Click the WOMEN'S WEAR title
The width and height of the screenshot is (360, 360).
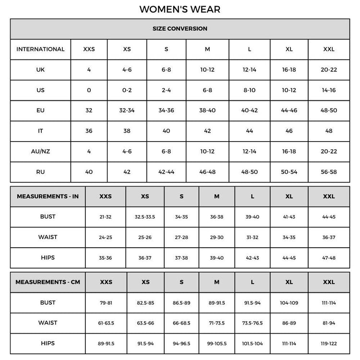point(180,9)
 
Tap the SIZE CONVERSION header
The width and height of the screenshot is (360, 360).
point(180,29)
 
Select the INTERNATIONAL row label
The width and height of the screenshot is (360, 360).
point(40,49)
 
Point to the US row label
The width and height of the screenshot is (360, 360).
point(40,90)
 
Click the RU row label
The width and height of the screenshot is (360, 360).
point(40,172)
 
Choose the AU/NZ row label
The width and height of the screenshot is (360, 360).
point(40,151)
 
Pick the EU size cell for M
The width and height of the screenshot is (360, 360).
point(207,110)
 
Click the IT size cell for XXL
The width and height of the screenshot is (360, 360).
point(329,131)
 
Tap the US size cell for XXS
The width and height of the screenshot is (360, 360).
point(89,90)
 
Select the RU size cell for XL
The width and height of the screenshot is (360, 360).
point(289,172)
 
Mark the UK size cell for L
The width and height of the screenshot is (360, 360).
point(250,70)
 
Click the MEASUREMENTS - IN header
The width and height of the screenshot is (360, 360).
point(48,196)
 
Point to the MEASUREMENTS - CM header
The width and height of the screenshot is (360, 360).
point(48,282)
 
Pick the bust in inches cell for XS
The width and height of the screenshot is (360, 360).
point(145,217)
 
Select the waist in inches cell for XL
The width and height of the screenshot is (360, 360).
point(289,237)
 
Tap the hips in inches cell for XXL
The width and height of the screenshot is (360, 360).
point(329,258)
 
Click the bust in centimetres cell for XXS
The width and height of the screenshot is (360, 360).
point(106,303)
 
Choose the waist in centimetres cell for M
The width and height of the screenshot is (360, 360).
point(217,323)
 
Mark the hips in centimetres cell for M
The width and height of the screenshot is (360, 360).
point(217,344)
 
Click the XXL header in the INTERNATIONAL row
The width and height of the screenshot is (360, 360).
point(329,49)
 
